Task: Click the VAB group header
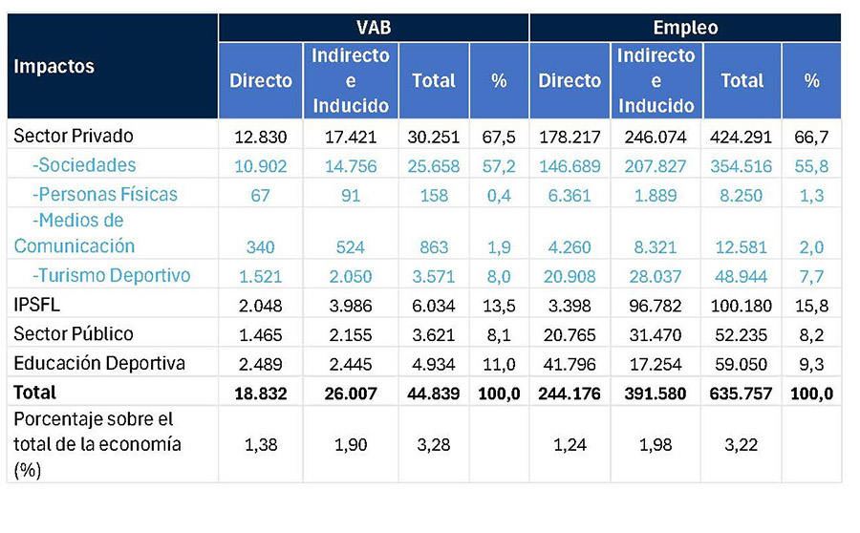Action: point(374,28)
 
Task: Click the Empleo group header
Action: point(685,28)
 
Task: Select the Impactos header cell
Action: point(54,66)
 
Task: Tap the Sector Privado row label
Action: point(74,136)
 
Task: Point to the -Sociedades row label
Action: point(84,165)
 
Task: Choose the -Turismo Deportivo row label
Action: point(112,275)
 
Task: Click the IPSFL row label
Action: point(36,305)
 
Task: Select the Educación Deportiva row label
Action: point(99,364)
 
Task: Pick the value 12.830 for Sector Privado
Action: point(261,137)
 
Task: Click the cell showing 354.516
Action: point(741,166)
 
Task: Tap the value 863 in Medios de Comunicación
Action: point(434,246)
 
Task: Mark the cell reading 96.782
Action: point(656,306)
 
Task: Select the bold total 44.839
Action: point(433,394)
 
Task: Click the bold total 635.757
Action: point(741,394)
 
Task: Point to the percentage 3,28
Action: point(433,445)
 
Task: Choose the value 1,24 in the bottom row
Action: point(570,445)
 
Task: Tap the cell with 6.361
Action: point(570,195)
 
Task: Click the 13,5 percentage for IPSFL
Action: point(499,306)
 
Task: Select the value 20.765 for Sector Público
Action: point(570,334)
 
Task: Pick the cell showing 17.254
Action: point(656,364)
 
